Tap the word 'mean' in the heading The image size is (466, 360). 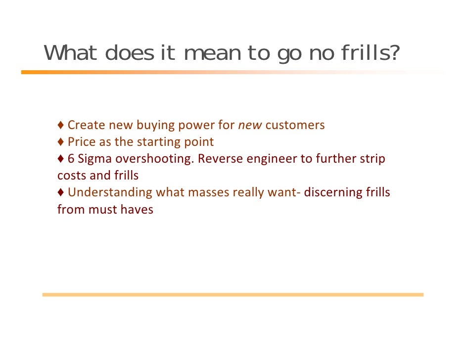(212, 53)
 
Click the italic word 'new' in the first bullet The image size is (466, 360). (250, 125)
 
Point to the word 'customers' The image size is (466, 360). (295, 125)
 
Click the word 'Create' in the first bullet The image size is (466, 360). (87, 125)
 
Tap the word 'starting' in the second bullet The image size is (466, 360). (152, 142)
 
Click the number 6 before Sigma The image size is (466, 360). (71, 159)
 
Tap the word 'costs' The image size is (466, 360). (72, 176)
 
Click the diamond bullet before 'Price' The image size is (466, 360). (60, 142)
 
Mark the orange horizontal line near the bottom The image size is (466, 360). (233, 294)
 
